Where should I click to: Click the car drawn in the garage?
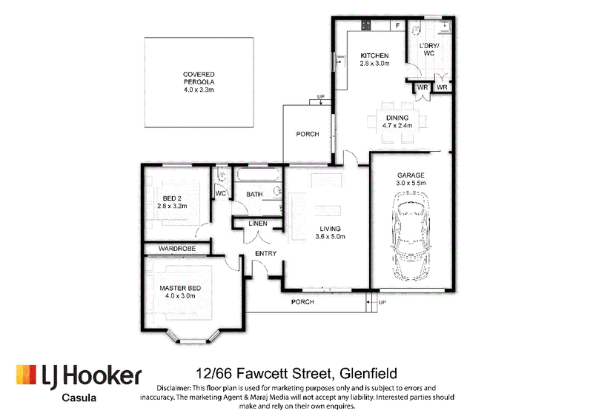tap(411, 237)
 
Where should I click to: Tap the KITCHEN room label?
tap(374, 56)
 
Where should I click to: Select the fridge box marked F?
tap(397, 25)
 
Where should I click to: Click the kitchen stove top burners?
tap(365, 25)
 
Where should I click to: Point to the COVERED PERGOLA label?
tap(199, 78)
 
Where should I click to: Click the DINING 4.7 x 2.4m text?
tap(397, 121)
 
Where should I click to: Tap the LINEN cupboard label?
tap(258, 224)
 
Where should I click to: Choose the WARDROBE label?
tap(177, 249)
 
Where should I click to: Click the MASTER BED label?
tap(180, 288)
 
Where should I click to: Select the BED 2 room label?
tap(172, 198)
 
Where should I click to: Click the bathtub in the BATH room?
tap(258, 175)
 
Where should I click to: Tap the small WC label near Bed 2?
tap(221, 193)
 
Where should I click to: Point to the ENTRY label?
tap(266, 253)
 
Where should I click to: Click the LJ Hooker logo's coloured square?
tap(26, 375)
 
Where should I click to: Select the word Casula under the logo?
tap(79, 398)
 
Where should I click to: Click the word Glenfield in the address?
tap(368, 374)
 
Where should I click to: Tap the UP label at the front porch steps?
tap(382, 302)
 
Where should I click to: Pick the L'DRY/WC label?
tap(429, 50)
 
